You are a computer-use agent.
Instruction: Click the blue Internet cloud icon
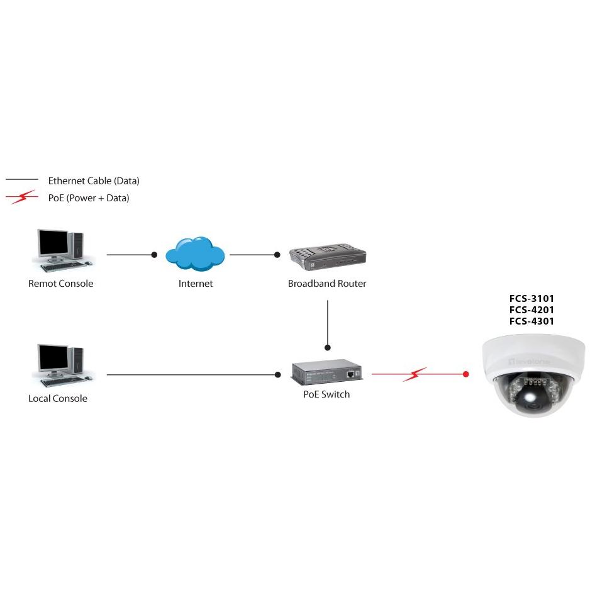[x=195, y=253]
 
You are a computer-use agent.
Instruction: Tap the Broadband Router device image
[x=327, y=256]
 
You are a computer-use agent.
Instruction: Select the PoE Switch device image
[x=326, y=372]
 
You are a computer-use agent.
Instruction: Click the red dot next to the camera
[x=466, y=374]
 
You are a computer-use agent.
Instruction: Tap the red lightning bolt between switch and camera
[x=415, y=375]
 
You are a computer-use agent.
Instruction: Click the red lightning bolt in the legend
[x=21, y=198]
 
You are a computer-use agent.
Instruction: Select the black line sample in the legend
[x=21, y=181]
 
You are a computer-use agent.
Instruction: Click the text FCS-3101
[x=532, y=299]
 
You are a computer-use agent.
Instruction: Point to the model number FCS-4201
[x=532, y=310]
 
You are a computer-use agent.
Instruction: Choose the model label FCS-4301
[x=532, y=321]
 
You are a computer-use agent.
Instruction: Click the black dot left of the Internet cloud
[x=154, y=255]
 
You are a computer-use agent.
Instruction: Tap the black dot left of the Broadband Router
[x=277, y=255]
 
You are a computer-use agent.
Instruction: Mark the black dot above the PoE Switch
[x=327, y=347]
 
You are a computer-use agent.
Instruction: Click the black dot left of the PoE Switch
[x=278, y=375]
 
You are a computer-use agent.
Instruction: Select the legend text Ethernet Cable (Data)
[x=94, y=181]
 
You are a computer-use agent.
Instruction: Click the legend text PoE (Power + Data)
[x=89, y=198]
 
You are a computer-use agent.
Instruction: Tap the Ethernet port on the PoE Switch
[x=348, y=374]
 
